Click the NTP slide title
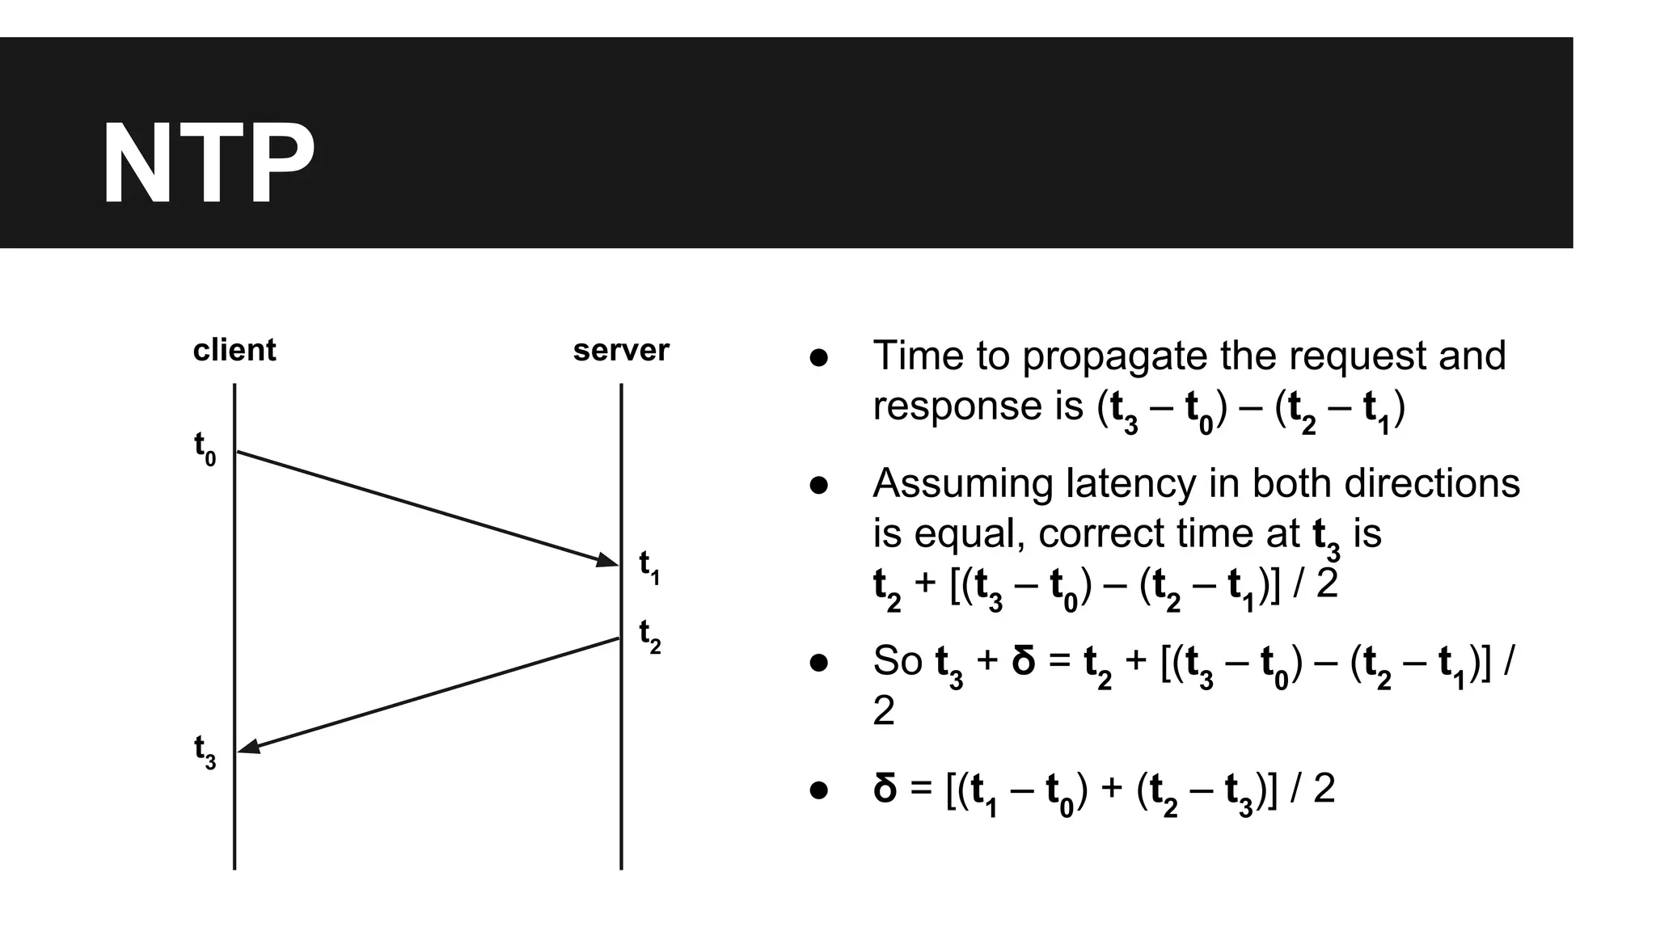(208, 164)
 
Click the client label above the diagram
(234, 350)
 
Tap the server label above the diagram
(621, 350)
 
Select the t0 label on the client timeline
(205, 449)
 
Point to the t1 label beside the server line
(649, 567)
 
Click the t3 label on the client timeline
(205, 752)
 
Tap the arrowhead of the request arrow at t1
(608, 560)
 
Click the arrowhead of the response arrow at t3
(249, 748)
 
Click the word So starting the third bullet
(898, 661)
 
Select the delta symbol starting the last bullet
(885, 788)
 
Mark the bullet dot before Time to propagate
(819, 357)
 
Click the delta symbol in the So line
(1024, 660)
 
